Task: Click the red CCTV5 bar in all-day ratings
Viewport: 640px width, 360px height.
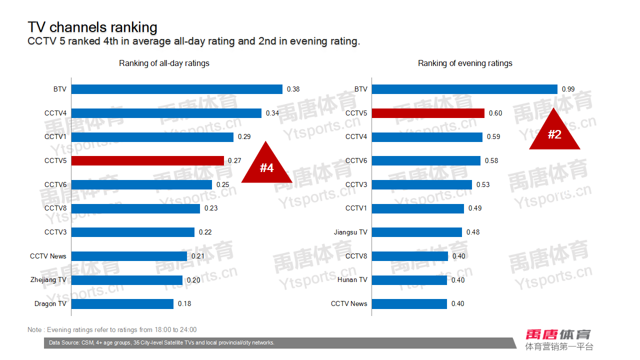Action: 147,160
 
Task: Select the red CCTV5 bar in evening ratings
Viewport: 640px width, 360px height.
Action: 428,113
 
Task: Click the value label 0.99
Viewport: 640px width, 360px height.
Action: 568,89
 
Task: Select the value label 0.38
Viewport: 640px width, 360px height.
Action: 293,89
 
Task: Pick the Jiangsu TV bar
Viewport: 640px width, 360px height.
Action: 417,232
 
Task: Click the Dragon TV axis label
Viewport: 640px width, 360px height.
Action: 50,303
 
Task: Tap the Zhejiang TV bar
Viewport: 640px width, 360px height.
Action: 127,280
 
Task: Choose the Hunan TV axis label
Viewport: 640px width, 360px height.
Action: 352,279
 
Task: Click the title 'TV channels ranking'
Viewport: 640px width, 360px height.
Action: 92,27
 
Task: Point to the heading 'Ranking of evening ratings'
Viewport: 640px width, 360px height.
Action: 465,63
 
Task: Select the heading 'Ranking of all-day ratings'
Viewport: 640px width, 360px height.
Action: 164,63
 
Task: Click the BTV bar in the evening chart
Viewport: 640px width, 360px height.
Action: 464,89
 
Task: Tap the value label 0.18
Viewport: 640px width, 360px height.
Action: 184,303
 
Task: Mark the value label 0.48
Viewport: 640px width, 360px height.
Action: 473,232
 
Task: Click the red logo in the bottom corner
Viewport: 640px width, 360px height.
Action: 558,334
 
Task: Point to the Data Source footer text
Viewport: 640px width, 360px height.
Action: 161,343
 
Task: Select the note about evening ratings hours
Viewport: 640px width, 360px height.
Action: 112,329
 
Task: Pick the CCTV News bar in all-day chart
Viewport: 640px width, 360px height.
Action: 129,256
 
